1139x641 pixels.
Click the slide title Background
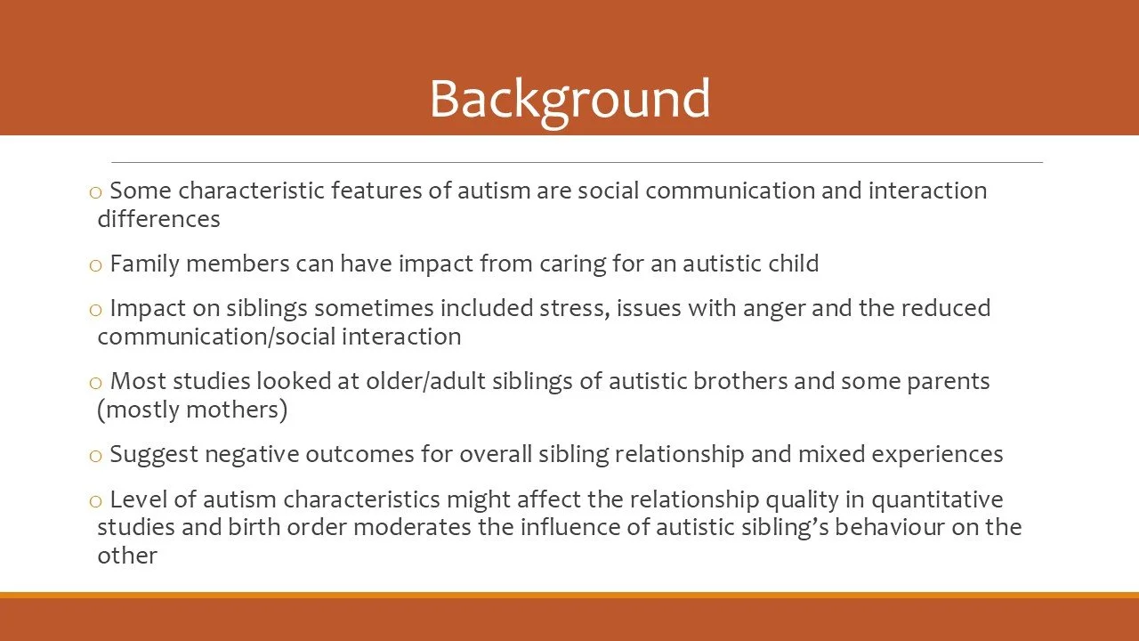click(569, 98)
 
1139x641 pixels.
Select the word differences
click(158, 219)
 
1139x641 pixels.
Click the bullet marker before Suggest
click(96, 456)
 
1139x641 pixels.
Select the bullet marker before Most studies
click(96, 383)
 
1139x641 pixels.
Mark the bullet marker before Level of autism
click(96, 500)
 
